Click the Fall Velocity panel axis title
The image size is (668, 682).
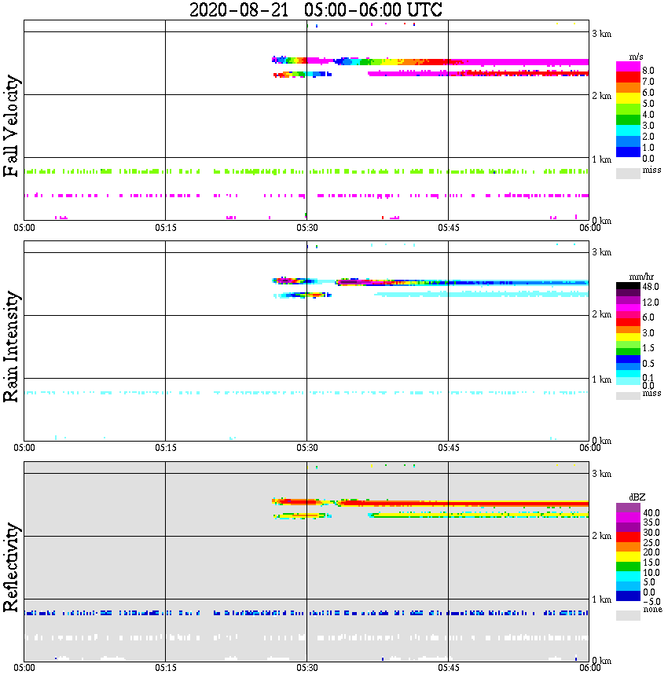[11, 126]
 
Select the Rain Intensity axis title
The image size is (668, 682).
[11, 346]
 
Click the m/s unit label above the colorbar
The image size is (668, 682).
[637, 56]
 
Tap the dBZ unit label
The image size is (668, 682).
[637, 497]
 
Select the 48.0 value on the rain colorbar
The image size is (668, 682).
[651, 287]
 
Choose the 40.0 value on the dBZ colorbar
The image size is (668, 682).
[651, 511]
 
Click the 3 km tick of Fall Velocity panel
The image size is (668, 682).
[601, 32]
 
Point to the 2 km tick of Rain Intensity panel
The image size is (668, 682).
[601, 315]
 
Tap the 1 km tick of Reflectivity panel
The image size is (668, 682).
[601, 599]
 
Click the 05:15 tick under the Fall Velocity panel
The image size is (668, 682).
[165, 228]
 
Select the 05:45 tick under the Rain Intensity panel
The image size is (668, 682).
[448, 448]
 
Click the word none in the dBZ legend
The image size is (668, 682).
[651, 610]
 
